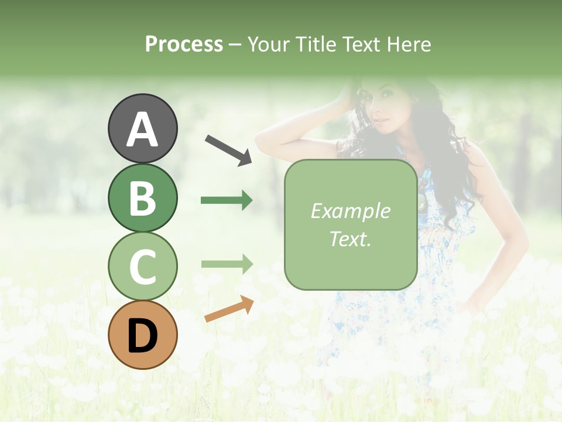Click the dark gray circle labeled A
click(142, 128)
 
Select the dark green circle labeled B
click(142, 198)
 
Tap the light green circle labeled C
click(142, 267)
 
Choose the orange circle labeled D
click(142, 335)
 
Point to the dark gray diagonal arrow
click(229, 149)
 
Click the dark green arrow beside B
click(227, 200)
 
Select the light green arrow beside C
click(227, 264)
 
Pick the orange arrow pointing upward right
click(229, 309)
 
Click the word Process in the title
click(184, 44)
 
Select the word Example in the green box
click(350, 211)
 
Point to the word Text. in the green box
click(350, 239)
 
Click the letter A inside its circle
click(142, 130)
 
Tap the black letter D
click(142, 336)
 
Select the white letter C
click(142, 267)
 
